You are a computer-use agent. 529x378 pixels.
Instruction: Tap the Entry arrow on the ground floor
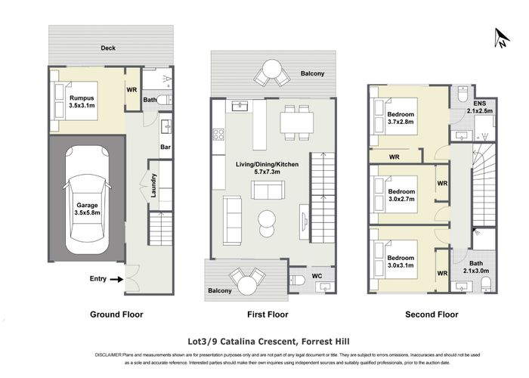tap(116, 279)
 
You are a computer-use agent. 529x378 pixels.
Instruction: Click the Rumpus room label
tap(82, 103)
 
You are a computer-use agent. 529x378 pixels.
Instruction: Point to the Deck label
tap(110, 48)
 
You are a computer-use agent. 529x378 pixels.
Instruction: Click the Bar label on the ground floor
tap(165, 147)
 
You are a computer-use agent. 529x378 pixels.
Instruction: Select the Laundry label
tap(154, 185)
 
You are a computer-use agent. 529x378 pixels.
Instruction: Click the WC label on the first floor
tap(317, 276)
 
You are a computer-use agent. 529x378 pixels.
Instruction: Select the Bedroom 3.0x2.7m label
tap(402, 197)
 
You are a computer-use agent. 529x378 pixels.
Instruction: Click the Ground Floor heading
tap(116, 314)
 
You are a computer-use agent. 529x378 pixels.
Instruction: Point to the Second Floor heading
tap(432, 314)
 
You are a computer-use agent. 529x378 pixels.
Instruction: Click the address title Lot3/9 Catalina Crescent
tap(263, 341)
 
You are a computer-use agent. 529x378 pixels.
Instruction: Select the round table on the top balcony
tap(271, 74)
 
